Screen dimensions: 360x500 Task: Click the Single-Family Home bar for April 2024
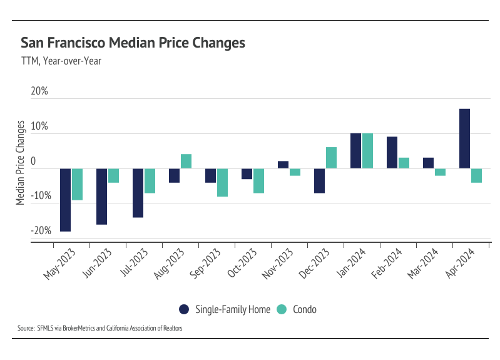464,138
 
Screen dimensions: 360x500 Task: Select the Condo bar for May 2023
77,184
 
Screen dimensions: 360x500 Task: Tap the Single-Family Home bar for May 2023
65,200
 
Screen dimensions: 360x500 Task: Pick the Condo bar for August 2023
186,161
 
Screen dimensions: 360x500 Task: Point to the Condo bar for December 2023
331,157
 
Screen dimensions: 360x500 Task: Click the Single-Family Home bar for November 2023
283,165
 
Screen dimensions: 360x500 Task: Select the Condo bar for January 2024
367,150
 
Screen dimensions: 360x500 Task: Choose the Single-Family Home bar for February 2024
392,152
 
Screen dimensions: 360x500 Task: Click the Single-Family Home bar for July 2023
138,193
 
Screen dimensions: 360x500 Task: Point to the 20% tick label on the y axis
39,91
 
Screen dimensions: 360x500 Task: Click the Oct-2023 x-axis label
241,265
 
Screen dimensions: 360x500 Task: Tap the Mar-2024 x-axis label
422,265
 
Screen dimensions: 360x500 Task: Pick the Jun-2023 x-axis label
96,265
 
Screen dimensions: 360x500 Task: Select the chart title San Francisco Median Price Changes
133,43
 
